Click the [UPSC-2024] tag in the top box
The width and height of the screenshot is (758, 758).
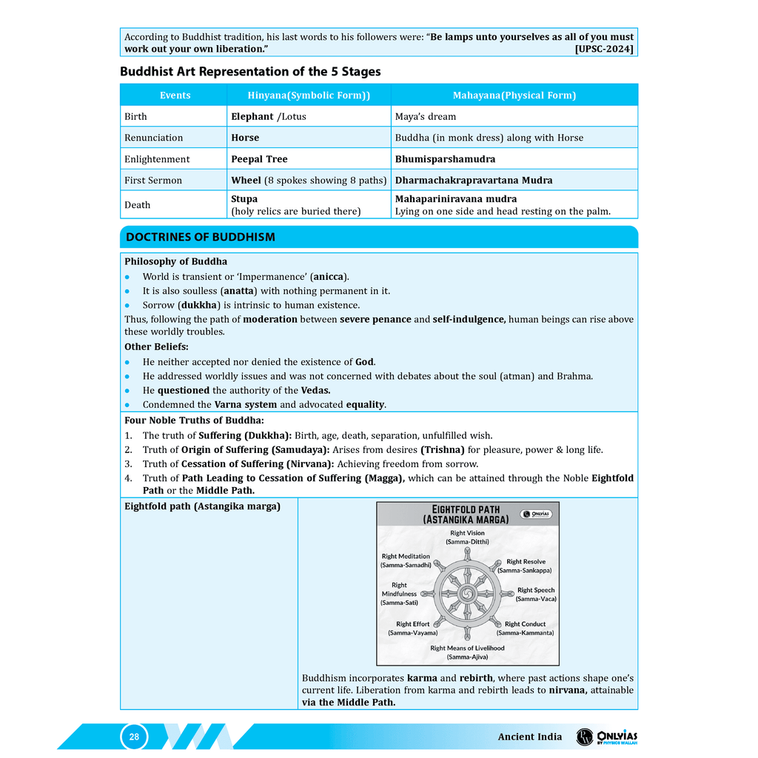click(x=604, y=49)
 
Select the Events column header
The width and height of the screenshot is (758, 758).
click(x=175, y=95)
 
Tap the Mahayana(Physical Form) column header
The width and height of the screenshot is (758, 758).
click(x=514, y=95)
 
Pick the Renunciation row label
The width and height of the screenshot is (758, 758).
click(x=153, y=138)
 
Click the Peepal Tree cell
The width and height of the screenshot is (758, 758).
click(x=259, y=159)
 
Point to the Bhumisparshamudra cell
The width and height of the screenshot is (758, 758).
click(x=445, y=159)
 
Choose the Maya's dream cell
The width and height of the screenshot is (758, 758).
click(x=425, y=117)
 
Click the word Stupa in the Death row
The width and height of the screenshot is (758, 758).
click(x=244, y=199)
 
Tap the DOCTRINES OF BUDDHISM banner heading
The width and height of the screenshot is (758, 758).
click(x=201, y=238)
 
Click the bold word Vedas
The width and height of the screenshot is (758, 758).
click(x=315, y=391)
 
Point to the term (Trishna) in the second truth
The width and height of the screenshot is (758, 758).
click(x=443, y=450)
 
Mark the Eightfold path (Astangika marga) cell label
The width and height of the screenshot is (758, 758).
click(x=202, y=507)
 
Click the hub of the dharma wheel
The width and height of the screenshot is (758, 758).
click(x=467, y=594)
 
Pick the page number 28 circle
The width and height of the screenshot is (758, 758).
click(x=134, y=737)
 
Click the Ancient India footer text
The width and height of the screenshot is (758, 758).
click(x=529, y=737)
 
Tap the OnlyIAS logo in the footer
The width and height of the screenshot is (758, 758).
click(x=607, y=737)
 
